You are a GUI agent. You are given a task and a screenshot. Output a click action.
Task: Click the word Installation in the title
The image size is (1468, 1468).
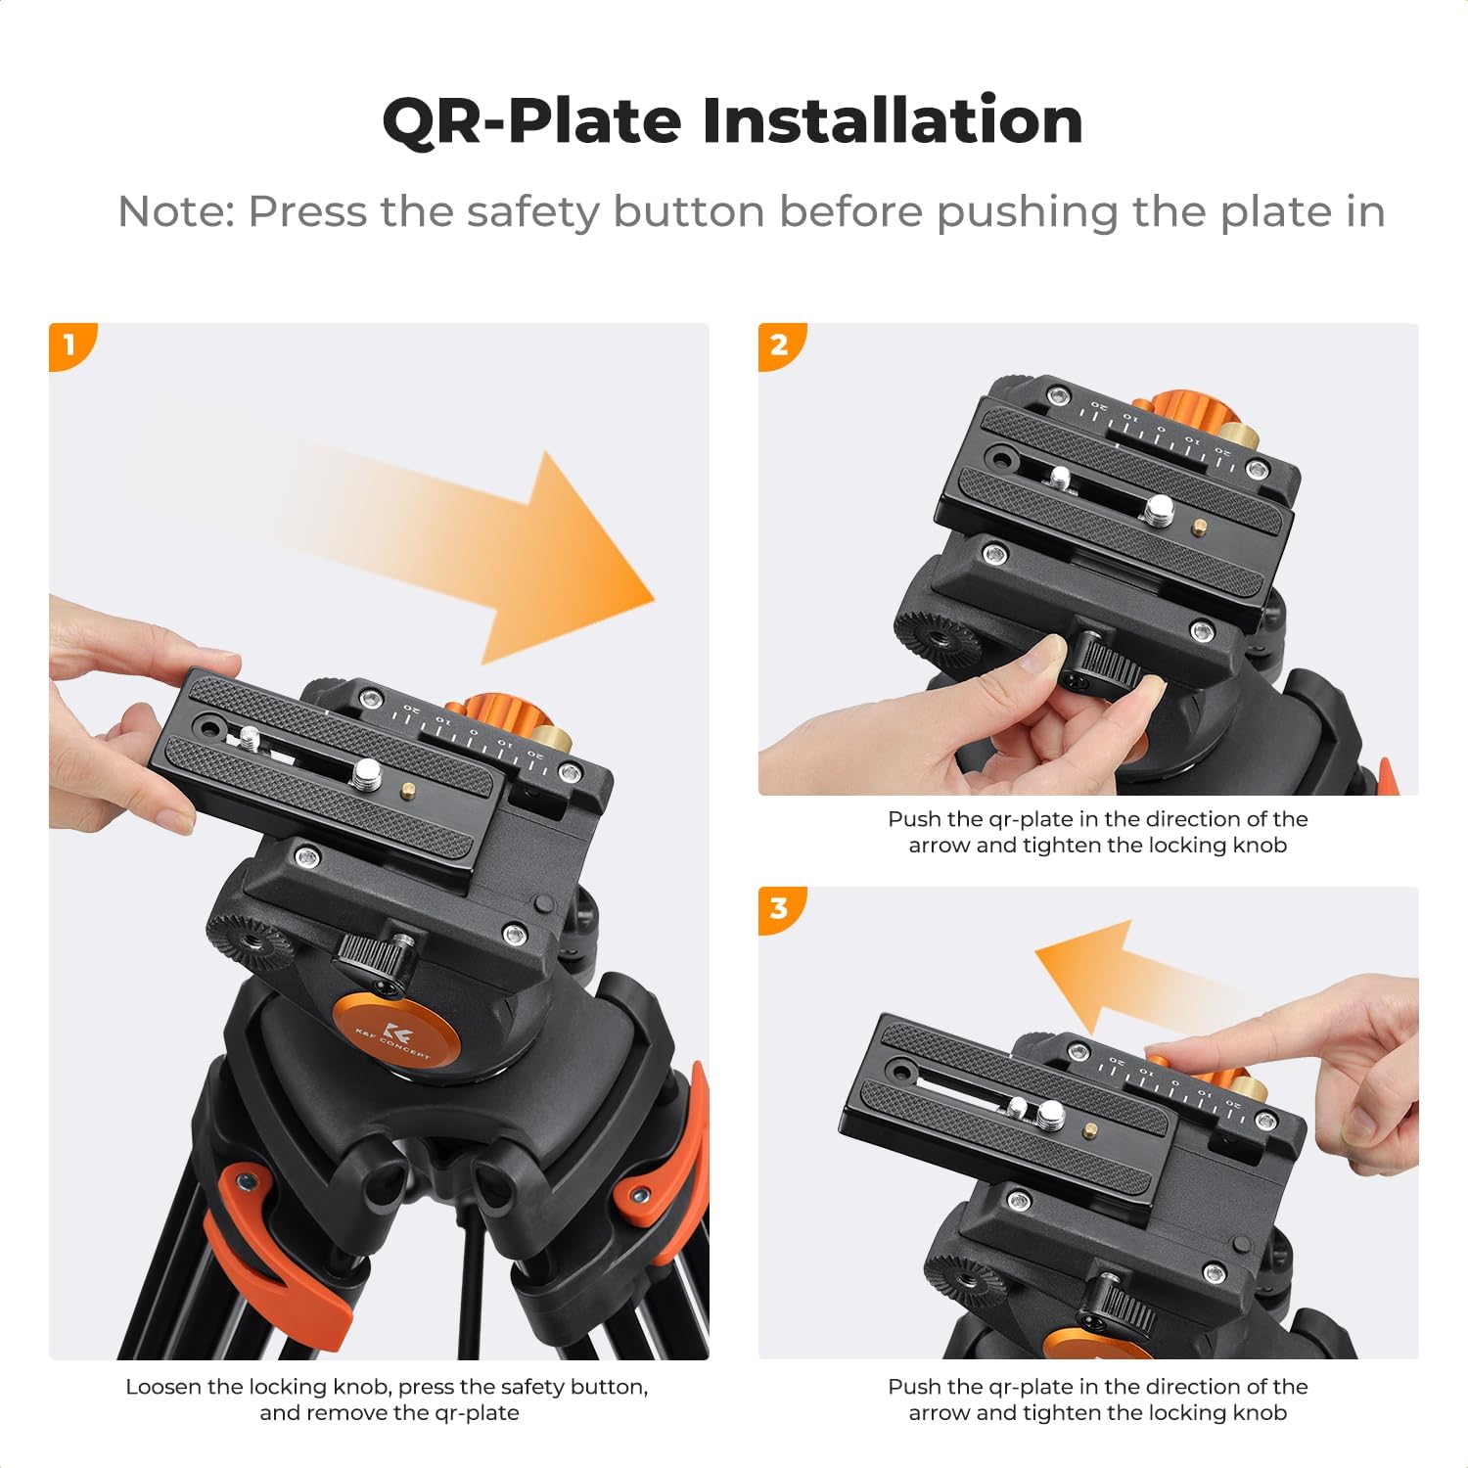892,120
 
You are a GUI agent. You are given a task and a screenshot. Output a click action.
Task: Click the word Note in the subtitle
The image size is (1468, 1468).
174,212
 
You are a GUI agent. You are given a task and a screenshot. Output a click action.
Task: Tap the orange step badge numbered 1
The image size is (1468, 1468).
70,344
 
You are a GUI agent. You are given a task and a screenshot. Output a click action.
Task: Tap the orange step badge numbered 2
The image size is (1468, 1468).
780,344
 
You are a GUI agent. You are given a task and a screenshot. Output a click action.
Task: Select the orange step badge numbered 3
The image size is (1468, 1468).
780,909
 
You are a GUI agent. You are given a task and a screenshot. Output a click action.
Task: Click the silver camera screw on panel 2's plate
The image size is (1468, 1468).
1160,507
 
